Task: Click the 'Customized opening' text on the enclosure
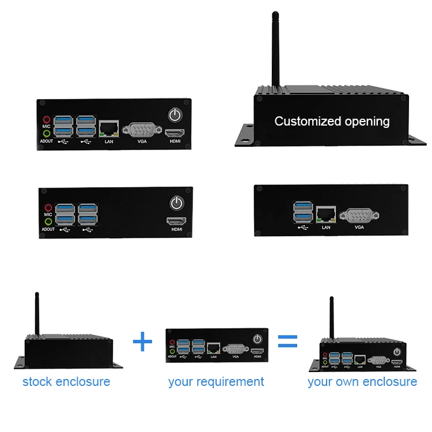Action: [x=332, y=122]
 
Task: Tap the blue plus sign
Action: [x=142, y=343]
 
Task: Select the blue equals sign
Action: [x=287, y=343]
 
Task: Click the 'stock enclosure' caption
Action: [x=66, y=381]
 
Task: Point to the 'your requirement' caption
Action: [x=216, y=381]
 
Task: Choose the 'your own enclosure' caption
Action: [x=362, y=381]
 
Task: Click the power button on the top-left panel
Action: [x=175, y=115]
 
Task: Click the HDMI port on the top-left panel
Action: [x=173, y=134]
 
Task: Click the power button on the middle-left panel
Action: [x=176, y=203]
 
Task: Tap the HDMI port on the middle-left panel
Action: [x=176, y=221]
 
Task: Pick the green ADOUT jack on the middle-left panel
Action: [x=48, y=221]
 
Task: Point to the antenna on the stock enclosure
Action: [x=37, y=314]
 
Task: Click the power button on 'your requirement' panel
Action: [x=257, y=339]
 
